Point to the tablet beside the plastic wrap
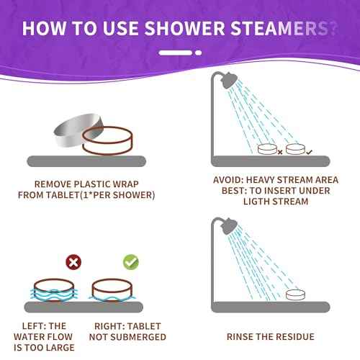(x=104, y=142)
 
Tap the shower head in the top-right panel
(x=230, y=81)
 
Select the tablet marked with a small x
(x=270, y=150)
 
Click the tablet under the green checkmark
(x=116, y=289)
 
